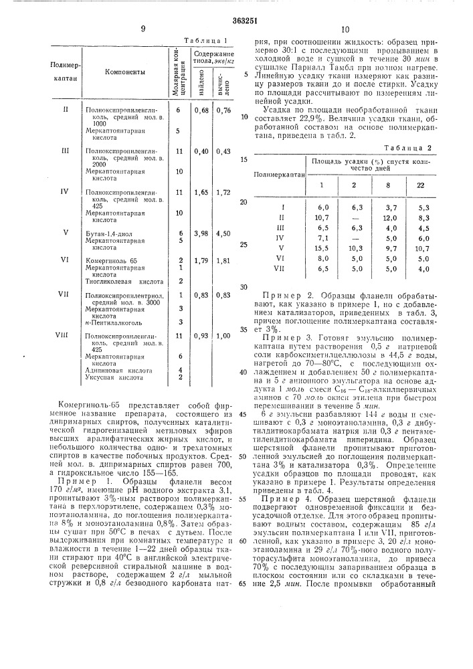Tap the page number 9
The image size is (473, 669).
[143, 29]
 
